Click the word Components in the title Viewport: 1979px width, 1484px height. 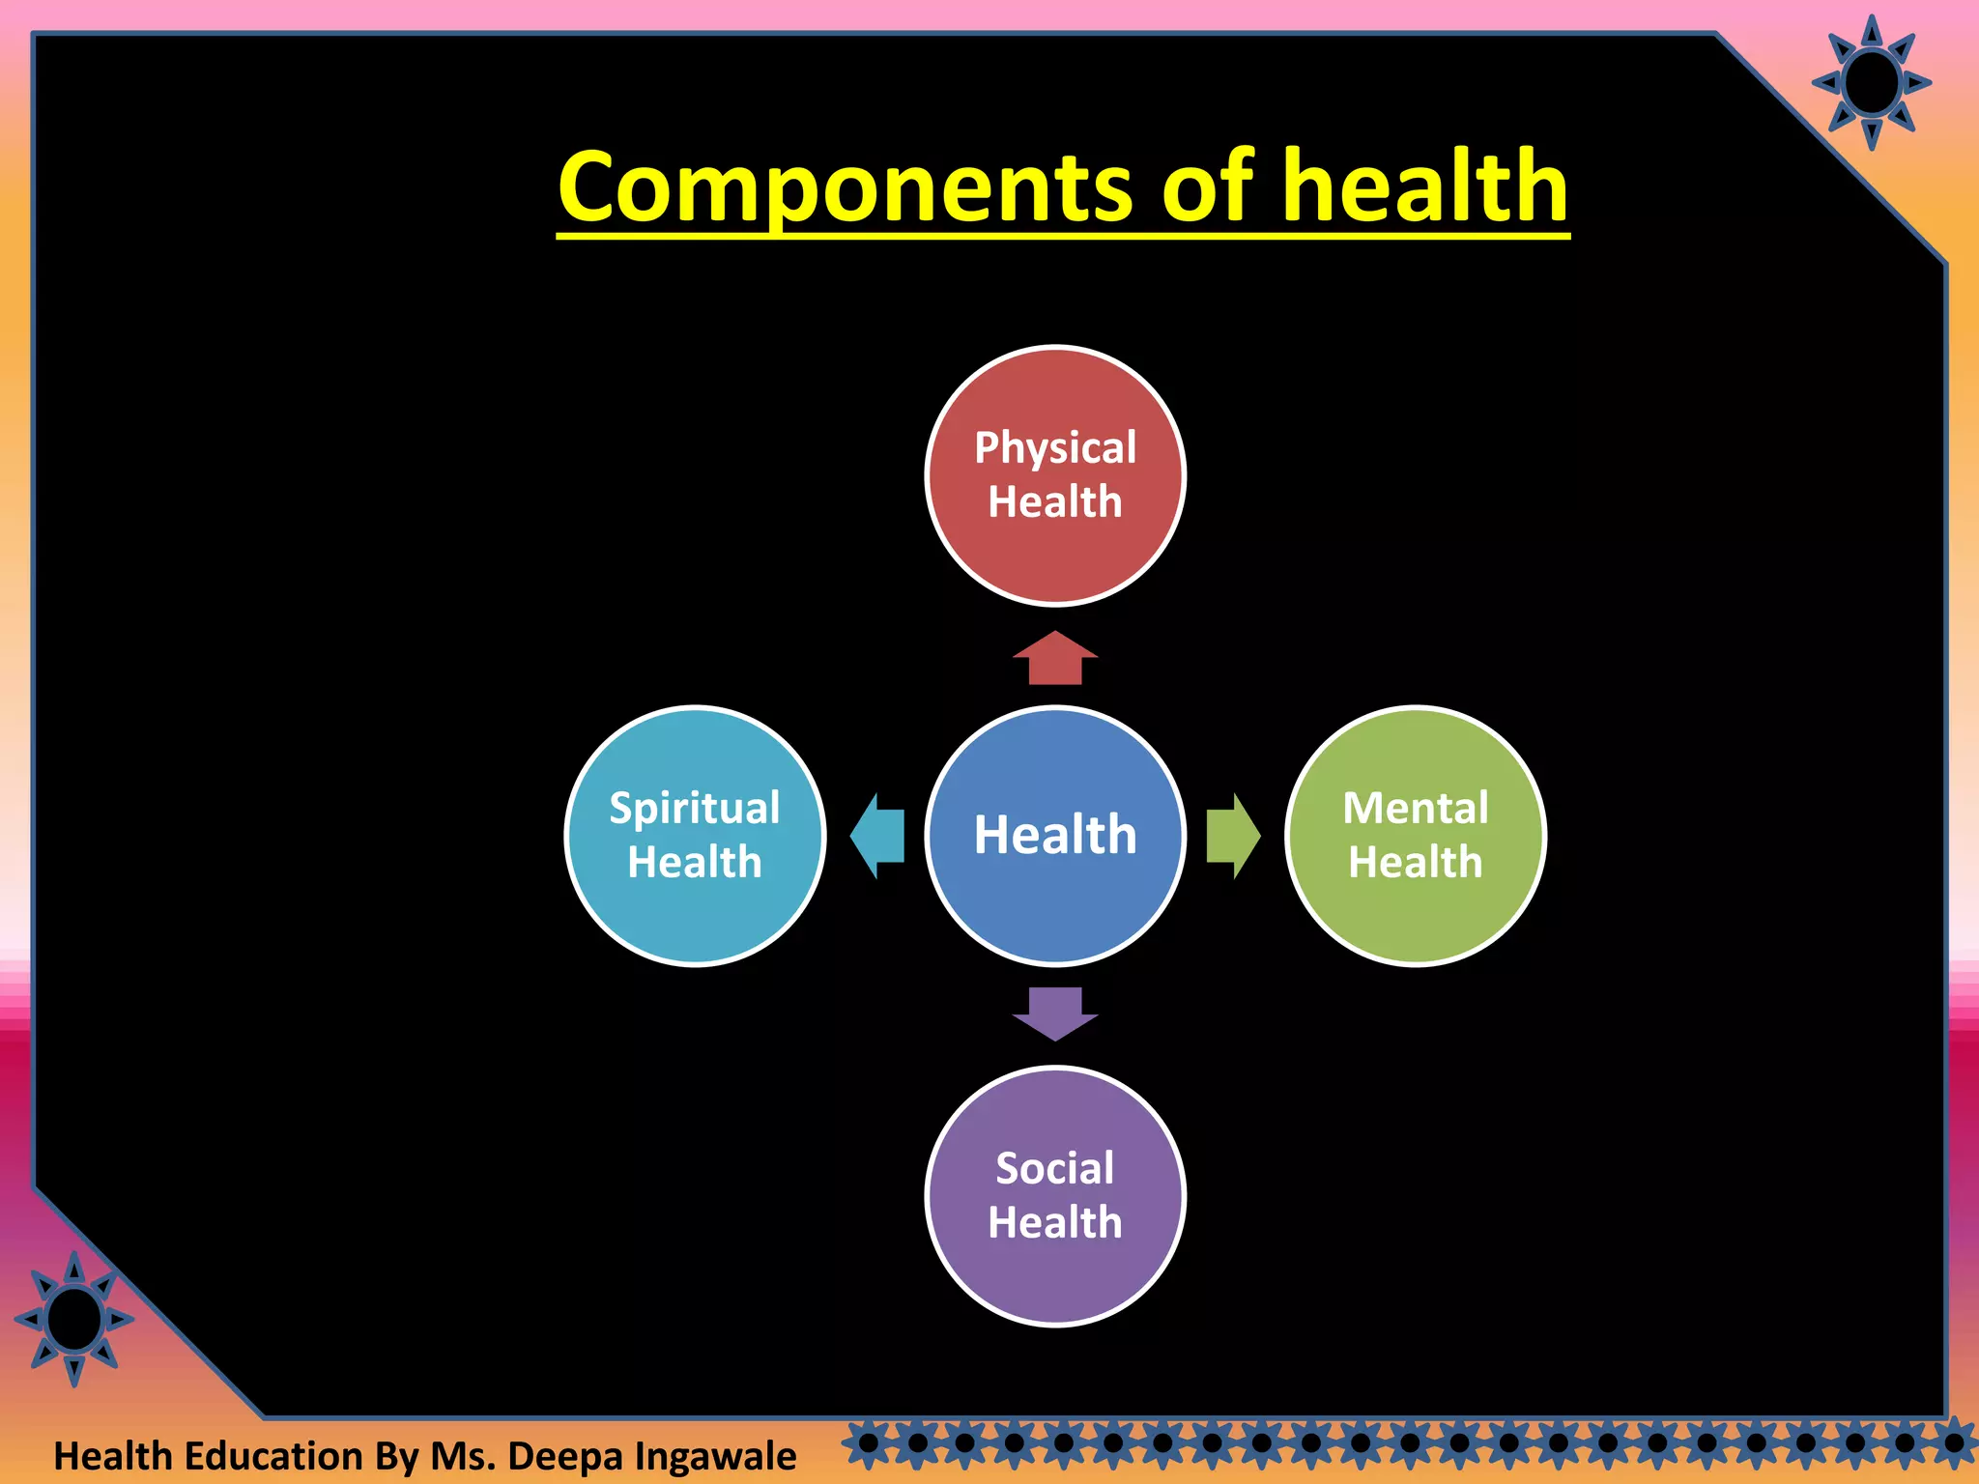point(850,188)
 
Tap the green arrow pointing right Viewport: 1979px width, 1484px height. point(1233,837)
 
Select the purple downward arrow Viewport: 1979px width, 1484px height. point(1055,1013)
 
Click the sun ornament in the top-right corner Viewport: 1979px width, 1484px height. point(1872,83)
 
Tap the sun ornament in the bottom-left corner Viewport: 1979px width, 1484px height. point(74,1319)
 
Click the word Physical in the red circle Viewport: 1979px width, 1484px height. point(1055,448)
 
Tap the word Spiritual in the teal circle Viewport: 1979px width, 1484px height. point(694,809)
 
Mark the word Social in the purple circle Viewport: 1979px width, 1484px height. point(1055,1169)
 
